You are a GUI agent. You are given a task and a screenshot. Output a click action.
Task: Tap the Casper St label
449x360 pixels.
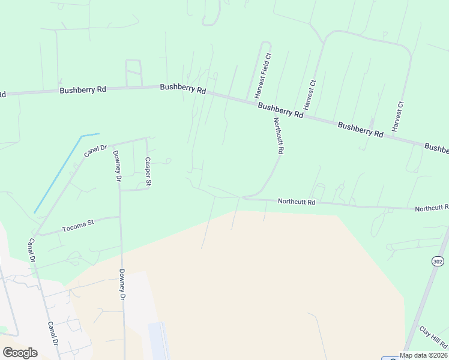point(147,172)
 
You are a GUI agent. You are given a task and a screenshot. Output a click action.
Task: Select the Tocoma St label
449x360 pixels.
point(78,227)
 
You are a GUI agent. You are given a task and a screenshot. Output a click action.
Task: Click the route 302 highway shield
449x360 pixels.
point(437,261)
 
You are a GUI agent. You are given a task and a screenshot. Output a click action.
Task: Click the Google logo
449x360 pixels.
point(20,353)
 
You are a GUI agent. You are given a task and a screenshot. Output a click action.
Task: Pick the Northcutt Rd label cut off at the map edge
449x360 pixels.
point(432,208)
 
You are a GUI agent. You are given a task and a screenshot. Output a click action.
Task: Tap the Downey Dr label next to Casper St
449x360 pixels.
point(117,166)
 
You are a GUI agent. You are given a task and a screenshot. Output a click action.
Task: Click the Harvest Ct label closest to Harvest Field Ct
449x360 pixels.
point(309,94)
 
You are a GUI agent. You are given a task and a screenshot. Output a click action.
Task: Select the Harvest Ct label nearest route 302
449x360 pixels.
point(397,116)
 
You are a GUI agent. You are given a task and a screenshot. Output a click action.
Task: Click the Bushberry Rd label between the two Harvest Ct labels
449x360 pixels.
point(360,130)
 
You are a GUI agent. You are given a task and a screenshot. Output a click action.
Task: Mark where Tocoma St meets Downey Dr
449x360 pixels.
point(120,217)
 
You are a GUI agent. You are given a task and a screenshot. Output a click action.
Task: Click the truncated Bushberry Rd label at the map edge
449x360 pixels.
point(437,148)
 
